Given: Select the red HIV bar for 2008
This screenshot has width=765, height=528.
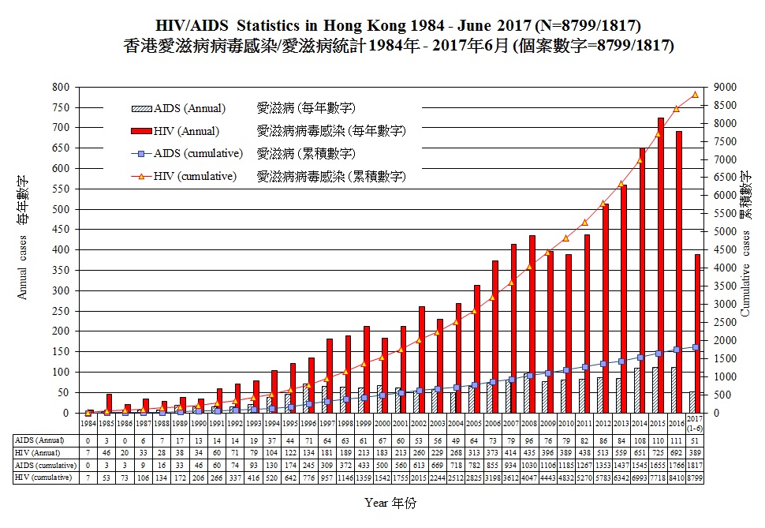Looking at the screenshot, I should (x=532, y=324).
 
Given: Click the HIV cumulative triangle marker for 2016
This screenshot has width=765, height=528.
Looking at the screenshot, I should (x=676, y=109).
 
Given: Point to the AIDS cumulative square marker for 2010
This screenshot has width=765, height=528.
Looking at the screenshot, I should (x=566, y=370).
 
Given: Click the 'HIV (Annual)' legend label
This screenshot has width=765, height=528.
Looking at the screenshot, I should (x=187, y=131).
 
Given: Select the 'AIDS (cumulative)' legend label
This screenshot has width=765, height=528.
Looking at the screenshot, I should (x=199, y=153).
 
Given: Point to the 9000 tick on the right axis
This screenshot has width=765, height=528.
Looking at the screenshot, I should (x=726, y=87).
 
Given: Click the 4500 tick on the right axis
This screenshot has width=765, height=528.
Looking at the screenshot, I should (x=726, y=250).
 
